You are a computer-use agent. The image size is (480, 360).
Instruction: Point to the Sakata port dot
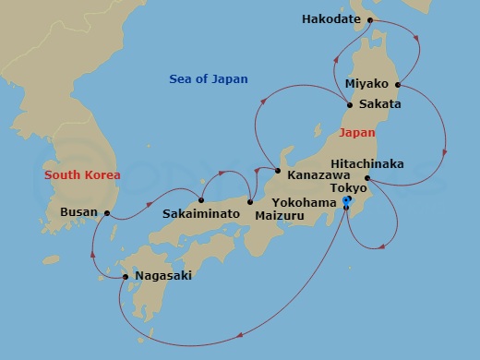click(x=349, y=105)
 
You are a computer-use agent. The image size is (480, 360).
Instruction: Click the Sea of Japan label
click(x=209, y=79)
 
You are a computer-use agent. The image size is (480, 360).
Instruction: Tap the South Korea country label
click(x=82, y=174)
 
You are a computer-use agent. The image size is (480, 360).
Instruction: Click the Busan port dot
click(x=108, y=213)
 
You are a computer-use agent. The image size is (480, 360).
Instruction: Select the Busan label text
click(x=78, y=211)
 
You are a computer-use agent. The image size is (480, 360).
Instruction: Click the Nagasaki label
click(x=163, y=275)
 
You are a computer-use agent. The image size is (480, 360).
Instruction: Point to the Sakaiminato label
click(x=201, y=214)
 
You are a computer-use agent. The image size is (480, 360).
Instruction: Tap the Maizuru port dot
click(x=249, y=202)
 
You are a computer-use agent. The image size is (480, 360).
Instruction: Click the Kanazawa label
click(x=318, y=173)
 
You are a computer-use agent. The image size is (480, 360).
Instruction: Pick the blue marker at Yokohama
click(x=346, y=200)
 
